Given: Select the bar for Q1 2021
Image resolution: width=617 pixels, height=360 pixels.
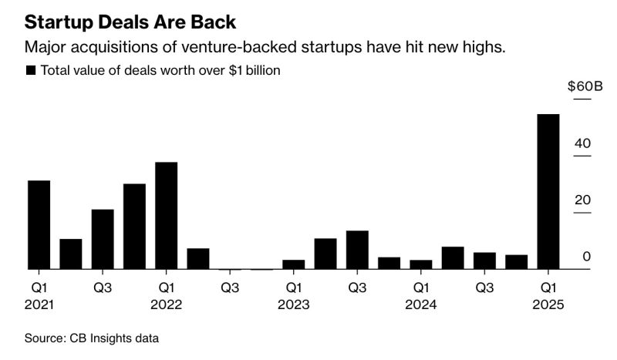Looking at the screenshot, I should point(39,225).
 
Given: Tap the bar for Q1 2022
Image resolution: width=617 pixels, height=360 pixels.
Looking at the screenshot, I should point(166,216).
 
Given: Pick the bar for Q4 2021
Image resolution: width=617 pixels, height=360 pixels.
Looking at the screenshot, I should point(134,227).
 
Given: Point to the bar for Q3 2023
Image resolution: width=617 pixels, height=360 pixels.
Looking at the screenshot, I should point(357,250).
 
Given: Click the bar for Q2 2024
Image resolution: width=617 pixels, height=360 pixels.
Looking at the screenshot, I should point(453,258).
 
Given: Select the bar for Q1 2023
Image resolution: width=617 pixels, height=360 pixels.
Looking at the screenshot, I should point(293,264).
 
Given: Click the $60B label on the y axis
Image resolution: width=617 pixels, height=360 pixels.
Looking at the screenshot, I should point(585,86).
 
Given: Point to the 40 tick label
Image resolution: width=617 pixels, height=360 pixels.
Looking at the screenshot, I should point(583,144).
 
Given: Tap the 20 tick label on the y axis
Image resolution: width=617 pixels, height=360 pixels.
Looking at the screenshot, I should point(583,200).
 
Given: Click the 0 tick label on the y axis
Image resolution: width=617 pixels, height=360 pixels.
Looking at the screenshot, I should point(587,257).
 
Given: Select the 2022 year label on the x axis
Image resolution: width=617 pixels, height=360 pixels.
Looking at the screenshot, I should point(166,304).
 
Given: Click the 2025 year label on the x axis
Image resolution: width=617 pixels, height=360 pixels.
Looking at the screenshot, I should point(548,304).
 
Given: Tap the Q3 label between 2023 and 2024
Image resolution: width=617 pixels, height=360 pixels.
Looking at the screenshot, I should point(357,288).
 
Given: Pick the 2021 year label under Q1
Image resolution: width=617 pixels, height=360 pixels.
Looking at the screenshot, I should point(39,304).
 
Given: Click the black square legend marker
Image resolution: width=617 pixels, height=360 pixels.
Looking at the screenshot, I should point(31,70).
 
